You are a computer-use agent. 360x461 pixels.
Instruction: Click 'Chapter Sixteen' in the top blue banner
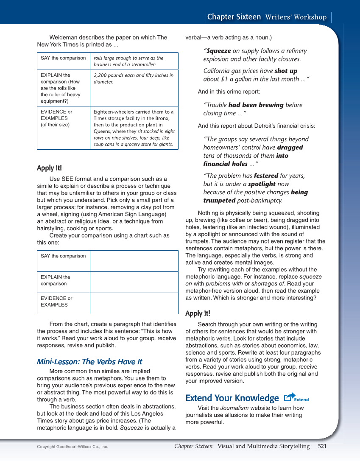(x=234, y=17)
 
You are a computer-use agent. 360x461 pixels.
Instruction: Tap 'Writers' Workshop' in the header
(x=296, y=17)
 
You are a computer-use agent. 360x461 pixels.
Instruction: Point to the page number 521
(x=322, y=446)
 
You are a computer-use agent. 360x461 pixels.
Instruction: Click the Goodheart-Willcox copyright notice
(x=73, y=447)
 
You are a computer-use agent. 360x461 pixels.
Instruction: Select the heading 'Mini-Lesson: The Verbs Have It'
(x=89, y=362)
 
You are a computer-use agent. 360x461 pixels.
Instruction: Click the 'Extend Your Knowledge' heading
(x=232, y=398)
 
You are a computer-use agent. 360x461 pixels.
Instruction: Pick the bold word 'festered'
(x=266, y=176)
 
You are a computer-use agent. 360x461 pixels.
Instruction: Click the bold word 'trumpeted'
(x=219, y=201)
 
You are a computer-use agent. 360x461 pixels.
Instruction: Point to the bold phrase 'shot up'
(x=286, y=71)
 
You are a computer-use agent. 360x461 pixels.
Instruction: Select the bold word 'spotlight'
(x=262, y=184)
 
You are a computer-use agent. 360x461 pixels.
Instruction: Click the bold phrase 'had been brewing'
(x=256, y=105)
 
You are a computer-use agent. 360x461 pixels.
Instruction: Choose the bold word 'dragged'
(x=290, y=148)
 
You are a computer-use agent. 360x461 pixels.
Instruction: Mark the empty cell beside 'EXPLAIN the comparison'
(x=134, y=282)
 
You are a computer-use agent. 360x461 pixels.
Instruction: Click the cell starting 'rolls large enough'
(x=134, y=61)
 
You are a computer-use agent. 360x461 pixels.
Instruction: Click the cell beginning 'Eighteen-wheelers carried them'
(x=134, y=128)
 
